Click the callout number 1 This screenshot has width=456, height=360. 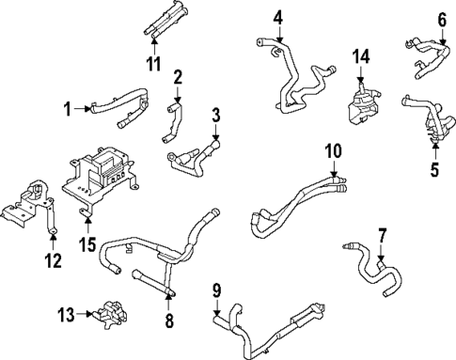[67, 109]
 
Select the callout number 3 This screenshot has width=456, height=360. [216, 116]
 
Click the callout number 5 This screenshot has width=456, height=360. [435, 170]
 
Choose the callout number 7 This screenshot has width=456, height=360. [382, 234]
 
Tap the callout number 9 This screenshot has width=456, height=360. [216, 290]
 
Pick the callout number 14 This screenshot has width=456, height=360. [357, 55]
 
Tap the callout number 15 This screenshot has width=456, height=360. [87, 245]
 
